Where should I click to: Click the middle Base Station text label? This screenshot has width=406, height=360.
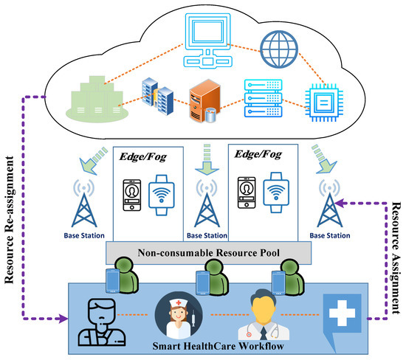(202, 235)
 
